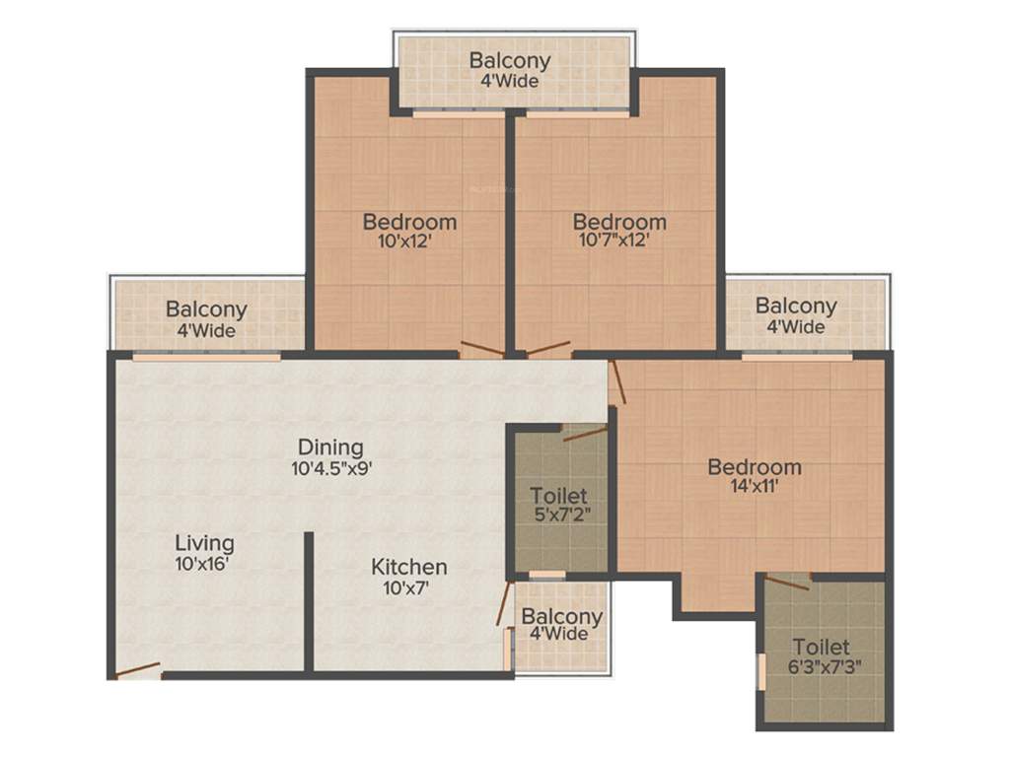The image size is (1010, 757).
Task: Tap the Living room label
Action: coord(204,543)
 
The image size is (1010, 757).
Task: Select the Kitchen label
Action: coord(409,567)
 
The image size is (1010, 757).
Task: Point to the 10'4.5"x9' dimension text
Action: coord(331,469)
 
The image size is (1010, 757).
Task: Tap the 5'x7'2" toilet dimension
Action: coord(559,514)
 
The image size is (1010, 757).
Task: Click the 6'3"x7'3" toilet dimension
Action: coord(822,667)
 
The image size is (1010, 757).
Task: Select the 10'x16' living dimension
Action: coord(204,564)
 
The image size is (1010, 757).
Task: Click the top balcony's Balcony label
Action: coord(510,60)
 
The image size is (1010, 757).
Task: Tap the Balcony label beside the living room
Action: coord(206,310)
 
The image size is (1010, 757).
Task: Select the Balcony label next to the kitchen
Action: coord(562,616)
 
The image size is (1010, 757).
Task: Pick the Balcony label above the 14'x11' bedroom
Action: coord(796,306)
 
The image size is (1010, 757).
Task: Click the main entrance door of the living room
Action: coord(137,671)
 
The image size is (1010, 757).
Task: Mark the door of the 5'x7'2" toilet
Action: coord(585,432)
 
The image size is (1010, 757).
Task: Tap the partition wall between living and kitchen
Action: coord(309,601)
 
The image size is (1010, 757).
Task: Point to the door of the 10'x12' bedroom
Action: coord(482,349)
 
